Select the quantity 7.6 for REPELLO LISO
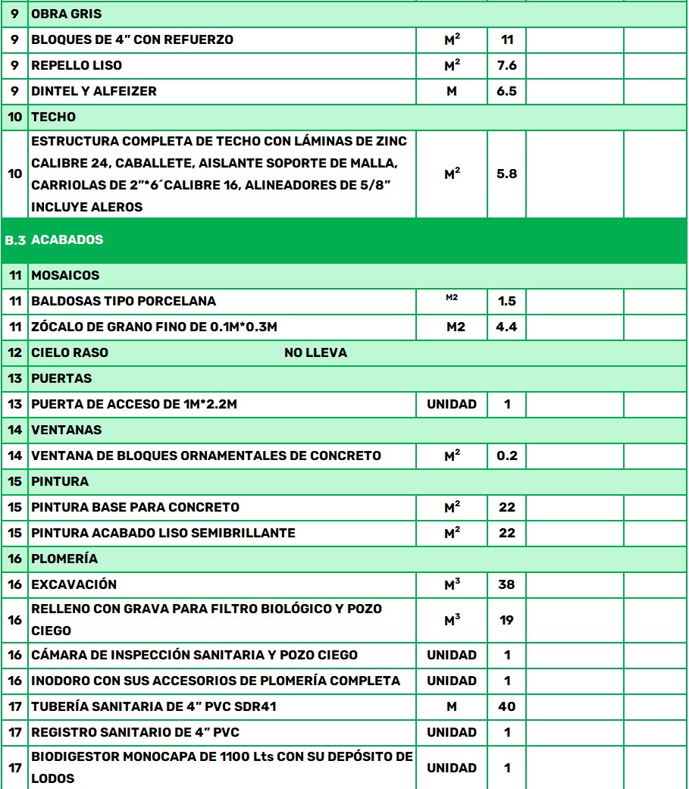pyautogui.click(x=506, y=66)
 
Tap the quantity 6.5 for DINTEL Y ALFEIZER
pyautogui.click(x=506, y=92)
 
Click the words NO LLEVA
pyautogui.click(x=315, y=353)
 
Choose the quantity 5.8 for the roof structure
pyautogui.click(x=506, y=174)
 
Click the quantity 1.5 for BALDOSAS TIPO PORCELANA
pyautogui.click(x=506, y=302)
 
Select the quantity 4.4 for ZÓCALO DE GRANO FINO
pyautogui.click(x=506, y=327)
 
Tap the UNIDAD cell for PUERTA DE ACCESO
pyautogui.click(x=452, y=405)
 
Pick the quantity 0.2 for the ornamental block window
pyautogui.click(x=506, y=456)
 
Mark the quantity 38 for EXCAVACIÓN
pyautogui.click(x=506, y=585)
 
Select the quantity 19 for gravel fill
pyautogui.click(x=506, y=620)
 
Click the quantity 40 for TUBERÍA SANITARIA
pyautogui.click(x=506, y=707)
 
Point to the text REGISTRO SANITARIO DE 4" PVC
pyautogui.click(x=135, y=733)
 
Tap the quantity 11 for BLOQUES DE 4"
pyautogui.click(x=507, y=40)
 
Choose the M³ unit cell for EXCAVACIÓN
pyautogui.click(x=452, y=585)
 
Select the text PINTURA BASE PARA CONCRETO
pyautogui.click(x=135, y=508)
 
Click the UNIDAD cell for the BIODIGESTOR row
pyautogui.click(x=452, y=769)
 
